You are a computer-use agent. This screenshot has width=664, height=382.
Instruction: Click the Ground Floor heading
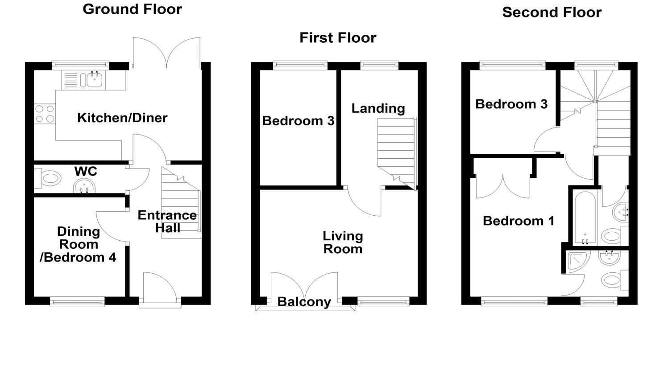(132, 9)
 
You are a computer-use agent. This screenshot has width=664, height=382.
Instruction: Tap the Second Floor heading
(552, 12)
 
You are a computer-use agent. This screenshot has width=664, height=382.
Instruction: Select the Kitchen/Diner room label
(122, 118)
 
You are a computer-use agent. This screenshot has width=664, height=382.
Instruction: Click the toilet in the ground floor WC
(49, 179)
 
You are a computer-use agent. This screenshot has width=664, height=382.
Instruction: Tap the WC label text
(86, 171)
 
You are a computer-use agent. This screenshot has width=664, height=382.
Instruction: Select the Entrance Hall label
(167, 222)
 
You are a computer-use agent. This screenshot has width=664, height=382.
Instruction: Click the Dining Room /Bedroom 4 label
(78, 244)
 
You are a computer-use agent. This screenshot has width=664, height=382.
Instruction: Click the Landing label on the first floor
(378, 108)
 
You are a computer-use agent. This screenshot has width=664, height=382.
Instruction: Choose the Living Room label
(343, 242)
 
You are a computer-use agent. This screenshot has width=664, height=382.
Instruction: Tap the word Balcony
(304, 302)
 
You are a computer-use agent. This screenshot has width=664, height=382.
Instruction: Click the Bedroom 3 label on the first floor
(298, 121)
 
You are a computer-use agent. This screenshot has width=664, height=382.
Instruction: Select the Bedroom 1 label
(519, 221)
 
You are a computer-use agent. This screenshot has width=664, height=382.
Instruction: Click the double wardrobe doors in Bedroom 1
(503, 187)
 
